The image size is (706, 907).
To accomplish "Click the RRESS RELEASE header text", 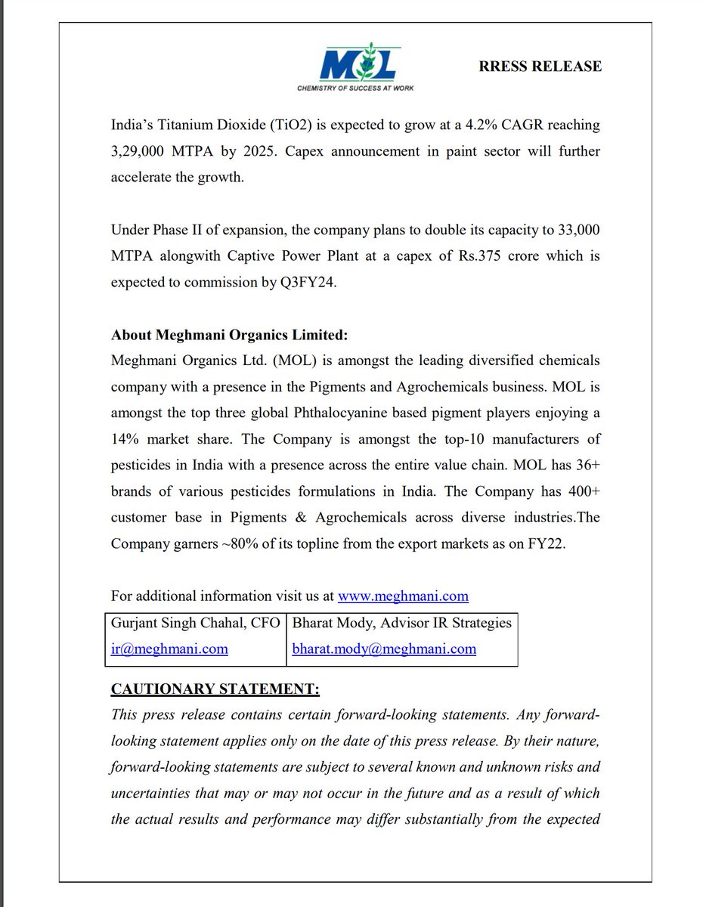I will click(x=540, y=67).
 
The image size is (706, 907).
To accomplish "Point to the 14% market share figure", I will click(x=126, y=439).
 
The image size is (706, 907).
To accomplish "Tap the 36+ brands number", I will click(x=585, y=466).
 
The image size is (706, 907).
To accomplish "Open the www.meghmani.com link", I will click(x=403, y=596).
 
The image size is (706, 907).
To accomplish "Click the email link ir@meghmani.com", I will click(x=169, y=649).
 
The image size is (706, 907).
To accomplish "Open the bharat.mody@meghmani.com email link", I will click(x=384, y=649).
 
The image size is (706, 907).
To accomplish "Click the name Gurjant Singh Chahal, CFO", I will click(x=195, y=624).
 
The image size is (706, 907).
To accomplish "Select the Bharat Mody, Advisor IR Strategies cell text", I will click(x=401, y=624).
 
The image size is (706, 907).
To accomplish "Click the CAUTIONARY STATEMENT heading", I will click(x=215, y=689).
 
